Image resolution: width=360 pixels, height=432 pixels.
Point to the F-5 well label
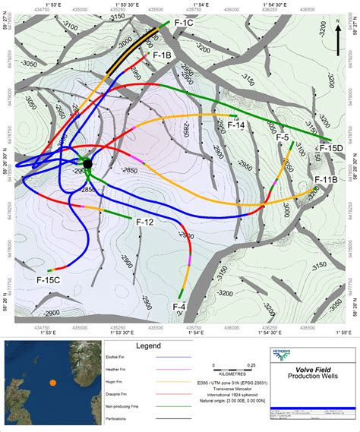pyautogui.click(x=282, y=137)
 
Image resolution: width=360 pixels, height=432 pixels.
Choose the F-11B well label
pyautogui.click(x=326, y=180)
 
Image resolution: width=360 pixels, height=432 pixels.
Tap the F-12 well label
pyautogui.click(x=144, y=222)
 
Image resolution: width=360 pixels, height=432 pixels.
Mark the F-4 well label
pyautogui.click(x=179, y=306)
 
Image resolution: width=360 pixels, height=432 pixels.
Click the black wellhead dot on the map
pyautogui.click(x=87, y=163)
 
